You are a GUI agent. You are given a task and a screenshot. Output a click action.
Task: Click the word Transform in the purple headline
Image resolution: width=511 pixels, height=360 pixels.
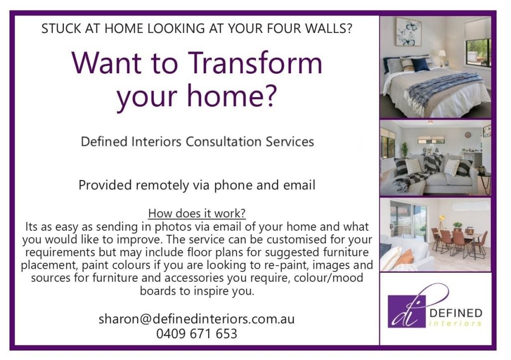tap(255, 64)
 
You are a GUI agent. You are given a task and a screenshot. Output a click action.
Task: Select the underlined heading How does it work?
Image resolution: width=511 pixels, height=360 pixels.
tap(197, 213)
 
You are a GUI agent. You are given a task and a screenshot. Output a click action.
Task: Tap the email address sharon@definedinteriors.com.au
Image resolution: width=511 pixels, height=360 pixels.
tap(197, 319)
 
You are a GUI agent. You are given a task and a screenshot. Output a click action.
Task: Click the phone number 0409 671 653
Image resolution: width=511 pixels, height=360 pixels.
tap(197, 334)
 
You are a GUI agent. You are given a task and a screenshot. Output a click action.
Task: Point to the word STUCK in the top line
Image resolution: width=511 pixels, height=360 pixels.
tap(59, 28)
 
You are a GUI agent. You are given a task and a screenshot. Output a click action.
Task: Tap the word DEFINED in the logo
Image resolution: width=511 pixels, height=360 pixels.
tap(456, 313)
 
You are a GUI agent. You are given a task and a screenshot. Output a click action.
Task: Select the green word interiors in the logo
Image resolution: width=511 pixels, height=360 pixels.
tap(456, 324)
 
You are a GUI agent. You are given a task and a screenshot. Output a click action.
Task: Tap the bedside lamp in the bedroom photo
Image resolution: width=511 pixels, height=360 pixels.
tap(442, 56)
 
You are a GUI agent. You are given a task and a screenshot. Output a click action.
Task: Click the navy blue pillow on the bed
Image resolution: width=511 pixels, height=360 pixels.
tap(420, 64)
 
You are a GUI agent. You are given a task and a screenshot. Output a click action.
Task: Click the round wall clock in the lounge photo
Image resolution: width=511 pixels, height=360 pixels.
tap(468, 135)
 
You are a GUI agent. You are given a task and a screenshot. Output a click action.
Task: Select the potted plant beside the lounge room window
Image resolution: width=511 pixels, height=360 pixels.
tap(404, 149)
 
